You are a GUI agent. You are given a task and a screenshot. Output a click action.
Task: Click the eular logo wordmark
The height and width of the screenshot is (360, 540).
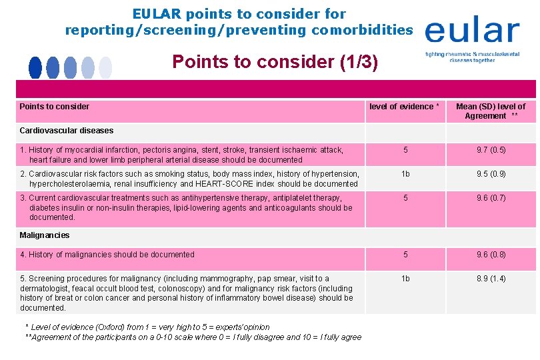[x=471, y=31]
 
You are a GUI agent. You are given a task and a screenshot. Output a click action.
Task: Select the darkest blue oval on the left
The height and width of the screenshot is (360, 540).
[x=35, y=67]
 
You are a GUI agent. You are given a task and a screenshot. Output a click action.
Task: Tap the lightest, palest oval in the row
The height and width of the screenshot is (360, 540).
[x=105, y=67]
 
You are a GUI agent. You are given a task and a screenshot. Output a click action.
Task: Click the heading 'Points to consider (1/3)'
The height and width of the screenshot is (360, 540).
[x=275, y=62]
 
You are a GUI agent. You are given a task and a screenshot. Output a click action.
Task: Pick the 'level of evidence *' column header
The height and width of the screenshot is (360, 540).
[x=404, y=107]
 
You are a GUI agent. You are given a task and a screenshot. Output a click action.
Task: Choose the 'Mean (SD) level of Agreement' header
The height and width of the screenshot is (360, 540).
[x=491, y=111]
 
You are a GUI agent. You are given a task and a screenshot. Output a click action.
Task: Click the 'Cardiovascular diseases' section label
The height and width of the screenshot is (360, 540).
[x=67, y=131]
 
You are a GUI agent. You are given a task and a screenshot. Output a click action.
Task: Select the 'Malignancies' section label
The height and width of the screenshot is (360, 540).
[x=45, y=235]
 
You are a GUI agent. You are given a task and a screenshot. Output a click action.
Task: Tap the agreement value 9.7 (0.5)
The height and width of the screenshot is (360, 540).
[x=491, y=150]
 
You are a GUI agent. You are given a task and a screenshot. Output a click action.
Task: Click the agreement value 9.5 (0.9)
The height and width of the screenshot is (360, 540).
[x=491, y=174]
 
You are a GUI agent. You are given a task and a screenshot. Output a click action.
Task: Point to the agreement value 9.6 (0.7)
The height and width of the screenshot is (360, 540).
[x=491, y=198]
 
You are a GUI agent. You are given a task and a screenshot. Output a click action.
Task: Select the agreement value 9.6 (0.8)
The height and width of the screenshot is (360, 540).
[x=491, y=255]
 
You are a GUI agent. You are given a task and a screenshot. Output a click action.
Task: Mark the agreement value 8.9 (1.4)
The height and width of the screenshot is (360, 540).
[x=491, y=279]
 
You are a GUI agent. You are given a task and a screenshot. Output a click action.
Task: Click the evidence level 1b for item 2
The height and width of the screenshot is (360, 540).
[x=405, y=174]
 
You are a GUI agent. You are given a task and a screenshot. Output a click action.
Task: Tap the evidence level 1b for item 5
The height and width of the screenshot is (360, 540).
[x=405, y=279]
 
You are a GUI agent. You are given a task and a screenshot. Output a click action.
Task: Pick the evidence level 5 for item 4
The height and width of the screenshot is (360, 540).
[x=405, y=255]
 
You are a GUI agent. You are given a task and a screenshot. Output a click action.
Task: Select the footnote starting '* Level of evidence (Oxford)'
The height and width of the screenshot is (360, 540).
[x=147, y=327]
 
